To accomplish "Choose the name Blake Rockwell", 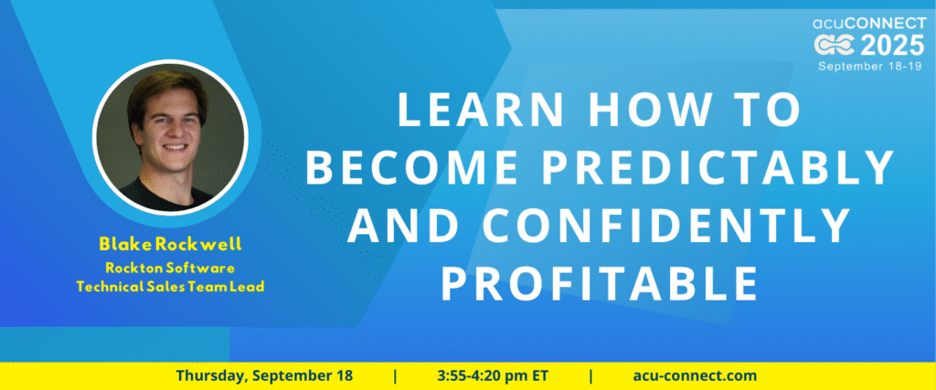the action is [x=170, y=244].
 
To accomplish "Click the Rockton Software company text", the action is [x=170, y=268].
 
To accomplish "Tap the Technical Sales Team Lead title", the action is [x=170, y=287].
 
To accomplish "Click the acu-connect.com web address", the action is [x=695, y=376].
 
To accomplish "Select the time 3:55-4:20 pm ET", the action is [x=493, y=376].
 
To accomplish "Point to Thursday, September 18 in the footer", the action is [x=264, y=376].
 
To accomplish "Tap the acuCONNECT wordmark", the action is [x=869, y=24].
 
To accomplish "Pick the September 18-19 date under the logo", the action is [x=872, y=66].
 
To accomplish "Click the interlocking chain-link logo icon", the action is [x=835, y=46].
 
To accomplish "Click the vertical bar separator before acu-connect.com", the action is [x=591, y=376].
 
